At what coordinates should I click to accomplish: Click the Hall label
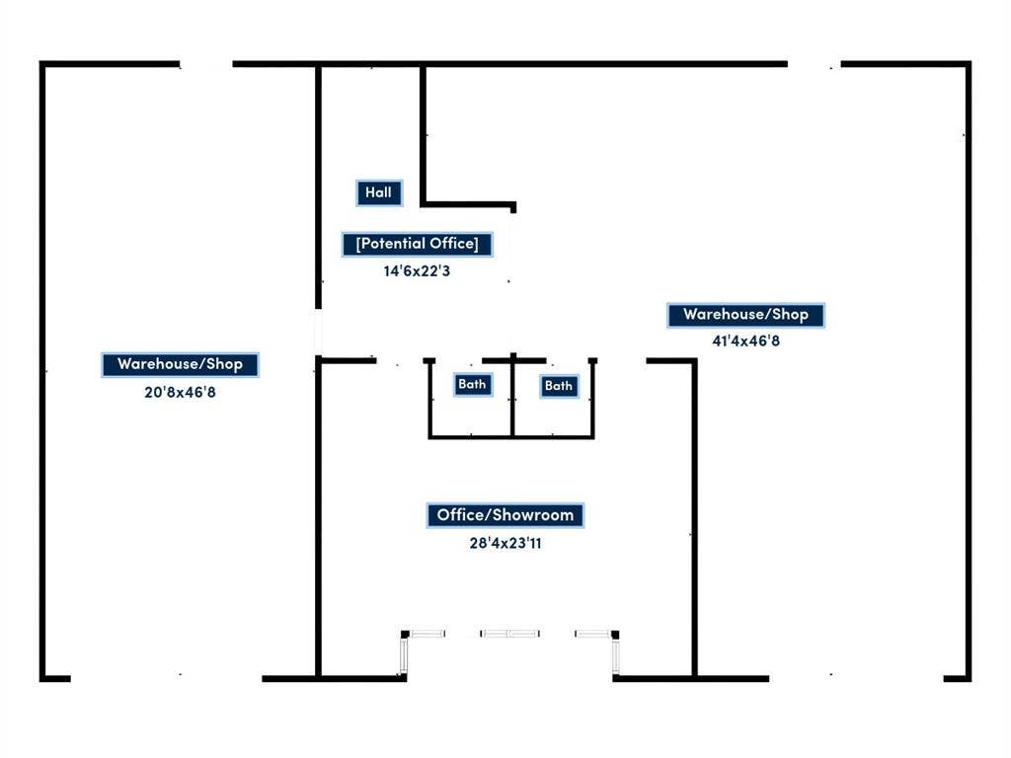(379, 192)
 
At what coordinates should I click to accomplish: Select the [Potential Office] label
(418, 244)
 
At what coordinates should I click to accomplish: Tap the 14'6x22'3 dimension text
(417, 271)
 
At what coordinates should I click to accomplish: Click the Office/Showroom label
(505, 515)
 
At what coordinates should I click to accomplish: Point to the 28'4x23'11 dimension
(505, 544)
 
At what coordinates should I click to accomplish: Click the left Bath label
(473, 385)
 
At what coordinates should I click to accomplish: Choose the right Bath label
(559, 386)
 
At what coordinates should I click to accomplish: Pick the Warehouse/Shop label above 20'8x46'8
(180, 364)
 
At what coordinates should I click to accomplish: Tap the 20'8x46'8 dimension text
(180, 392)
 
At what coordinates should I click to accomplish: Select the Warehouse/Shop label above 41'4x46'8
(745, 315)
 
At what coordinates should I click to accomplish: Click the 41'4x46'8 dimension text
(745, 341)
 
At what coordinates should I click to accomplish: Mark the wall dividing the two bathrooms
(512, 397)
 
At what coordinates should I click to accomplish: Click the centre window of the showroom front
(510, 634)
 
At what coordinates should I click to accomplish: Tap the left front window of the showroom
(427, 634)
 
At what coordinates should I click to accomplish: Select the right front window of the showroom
(593, 634)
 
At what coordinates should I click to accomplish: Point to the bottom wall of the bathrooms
(511, 437)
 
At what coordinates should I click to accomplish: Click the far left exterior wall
(42, 371)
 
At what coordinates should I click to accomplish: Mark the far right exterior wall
(968, 371)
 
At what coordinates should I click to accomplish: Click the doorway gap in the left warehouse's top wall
(206, 64)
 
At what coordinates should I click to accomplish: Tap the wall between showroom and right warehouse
(694, 519)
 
